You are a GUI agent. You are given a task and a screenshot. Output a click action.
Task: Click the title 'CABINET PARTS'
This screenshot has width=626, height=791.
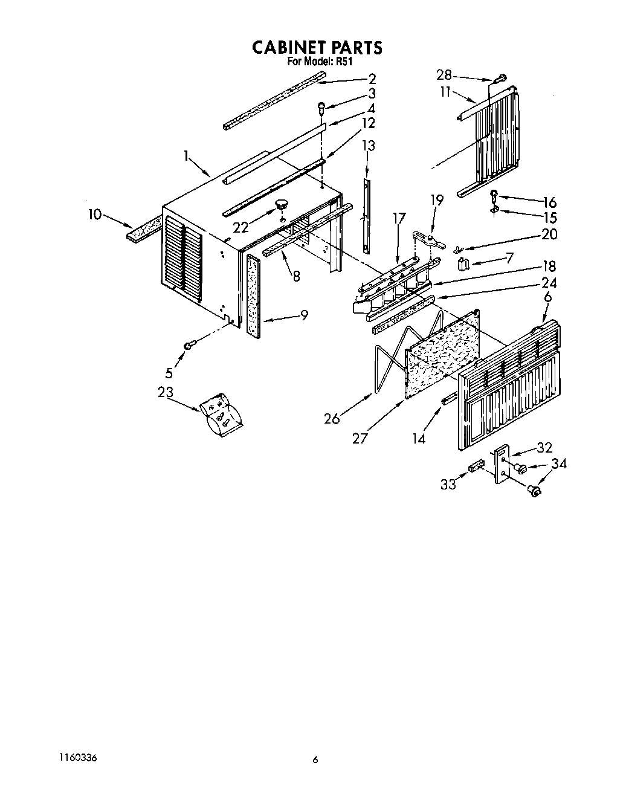point(317,48)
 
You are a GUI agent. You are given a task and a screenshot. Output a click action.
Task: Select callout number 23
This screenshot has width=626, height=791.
point(166,392)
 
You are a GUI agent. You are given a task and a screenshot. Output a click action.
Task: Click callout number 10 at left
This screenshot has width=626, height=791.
point(95,214)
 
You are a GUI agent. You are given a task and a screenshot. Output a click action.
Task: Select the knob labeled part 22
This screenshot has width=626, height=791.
point(282,205)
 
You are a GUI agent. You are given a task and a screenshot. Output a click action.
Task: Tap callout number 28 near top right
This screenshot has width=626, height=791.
point(444,75)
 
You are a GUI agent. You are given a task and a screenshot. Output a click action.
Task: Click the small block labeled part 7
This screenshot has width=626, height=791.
point(464,264)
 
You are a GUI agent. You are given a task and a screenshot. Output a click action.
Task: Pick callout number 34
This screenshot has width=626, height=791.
point(559,463)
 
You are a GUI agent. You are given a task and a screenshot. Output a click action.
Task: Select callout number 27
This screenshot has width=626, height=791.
point(360,438)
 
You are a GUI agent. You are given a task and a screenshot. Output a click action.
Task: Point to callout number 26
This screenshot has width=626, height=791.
point(332,418)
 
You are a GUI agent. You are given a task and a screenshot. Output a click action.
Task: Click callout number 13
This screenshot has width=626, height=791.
point(368,146)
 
